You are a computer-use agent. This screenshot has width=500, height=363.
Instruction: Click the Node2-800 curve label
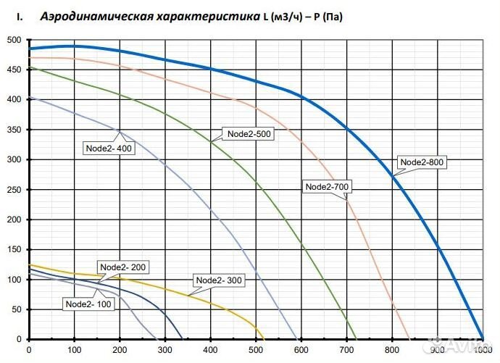(422, 162)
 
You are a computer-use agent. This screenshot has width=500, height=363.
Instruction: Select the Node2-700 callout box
(328, 187)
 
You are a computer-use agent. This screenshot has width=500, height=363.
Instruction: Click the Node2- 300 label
(218, 280)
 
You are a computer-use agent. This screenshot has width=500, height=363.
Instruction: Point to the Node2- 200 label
(122, 267)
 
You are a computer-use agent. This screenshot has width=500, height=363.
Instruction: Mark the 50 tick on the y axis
(17, 309)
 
